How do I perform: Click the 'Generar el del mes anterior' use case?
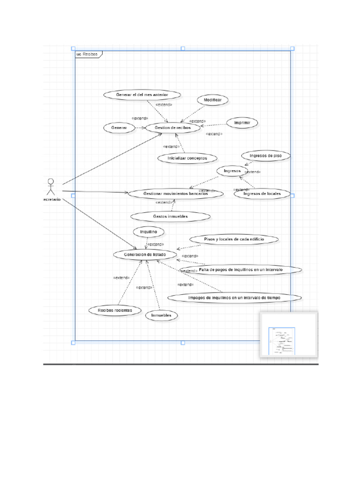pyautogui.click(x=135, y=95)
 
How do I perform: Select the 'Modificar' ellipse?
pyautogui.click(x=213, y=100)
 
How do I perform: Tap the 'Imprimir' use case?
pyautogui.click(x=242, y=123)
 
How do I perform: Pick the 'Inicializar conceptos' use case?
pyautogui.click(x=187, y=158)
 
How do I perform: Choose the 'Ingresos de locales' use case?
pyautogui.click(x=262, y=194)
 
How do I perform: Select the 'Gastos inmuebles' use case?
pyautogui.click(x=170, y=216)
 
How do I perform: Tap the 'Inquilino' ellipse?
pyautogui.click(x=148, y=232)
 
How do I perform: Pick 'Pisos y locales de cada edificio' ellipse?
pyautogui.click(x=234, y=240)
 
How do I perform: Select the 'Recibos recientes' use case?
pyautogui.click(x=115, y=310)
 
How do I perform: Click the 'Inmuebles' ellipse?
pyautogui.click(x=161, y=315)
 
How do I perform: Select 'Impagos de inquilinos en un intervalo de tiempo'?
pyautogui.click(x=234, y=297)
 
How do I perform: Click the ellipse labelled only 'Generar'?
pyautogui.click(x=119, y=127)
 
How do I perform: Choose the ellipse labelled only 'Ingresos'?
pyautogui.click(x=232, y=171)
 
